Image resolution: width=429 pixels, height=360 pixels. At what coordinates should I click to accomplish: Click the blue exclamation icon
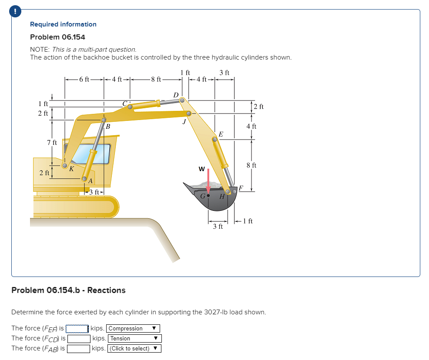[x=16, y=12]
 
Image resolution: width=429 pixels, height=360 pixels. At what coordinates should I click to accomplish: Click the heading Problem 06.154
[x=57, y=37]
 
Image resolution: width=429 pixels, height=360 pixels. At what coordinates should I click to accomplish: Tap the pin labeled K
[x=65, y=166]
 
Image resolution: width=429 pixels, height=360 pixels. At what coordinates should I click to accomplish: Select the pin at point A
[x=84, y=178]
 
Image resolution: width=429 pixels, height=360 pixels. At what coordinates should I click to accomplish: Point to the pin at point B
[x=104, y=120]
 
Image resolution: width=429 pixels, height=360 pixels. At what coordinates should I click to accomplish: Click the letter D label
[x=176, y=94]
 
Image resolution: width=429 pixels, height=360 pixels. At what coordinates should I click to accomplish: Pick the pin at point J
[x=189, y=114]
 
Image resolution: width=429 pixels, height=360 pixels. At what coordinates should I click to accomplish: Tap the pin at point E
[x=214, y=140]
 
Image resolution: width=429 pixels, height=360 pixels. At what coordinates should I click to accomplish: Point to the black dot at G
[x=208, y=196]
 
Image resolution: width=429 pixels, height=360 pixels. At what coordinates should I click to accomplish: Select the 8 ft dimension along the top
[x=155, y=79]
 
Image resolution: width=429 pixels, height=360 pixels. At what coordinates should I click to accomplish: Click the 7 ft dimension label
[x=52, y=143]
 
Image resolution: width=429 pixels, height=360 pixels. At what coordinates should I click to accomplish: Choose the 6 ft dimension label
[x=84, y=79]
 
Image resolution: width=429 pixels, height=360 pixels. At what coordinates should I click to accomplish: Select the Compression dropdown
[x=133, y=329]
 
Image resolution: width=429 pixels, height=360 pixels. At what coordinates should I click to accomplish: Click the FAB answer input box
[x=78, y=348]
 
